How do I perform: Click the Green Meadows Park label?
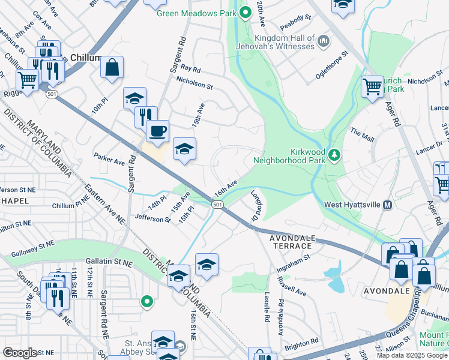coord(196,13)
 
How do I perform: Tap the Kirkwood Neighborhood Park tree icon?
coord(334,156)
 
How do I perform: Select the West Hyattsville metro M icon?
coord(387,205)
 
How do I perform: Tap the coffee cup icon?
coord(157,131)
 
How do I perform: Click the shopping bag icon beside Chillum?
coord(112,68)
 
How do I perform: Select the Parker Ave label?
coord(109,158)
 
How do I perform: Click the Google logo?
coord(20,352)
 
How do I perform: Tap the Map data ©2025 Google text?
coord(412,355)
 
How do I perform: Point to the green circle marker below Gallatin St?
coord(146,301)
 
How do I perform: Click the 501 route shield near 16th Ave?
coord(217,205)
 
